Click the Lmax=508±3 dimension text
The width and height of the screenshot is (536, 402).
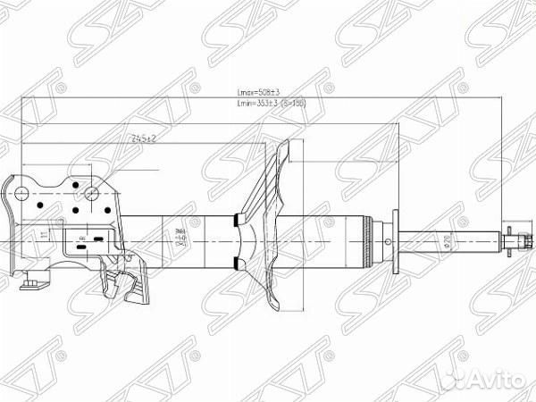258,92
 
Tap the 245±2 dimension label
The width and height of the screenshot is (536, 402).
143,138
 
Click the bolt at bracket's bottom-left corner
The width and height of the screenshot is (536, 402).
31,281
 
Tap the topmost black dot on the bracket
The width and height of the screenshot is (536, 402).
76,176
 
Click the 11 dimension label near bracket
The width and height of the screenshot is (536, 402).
43,236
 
